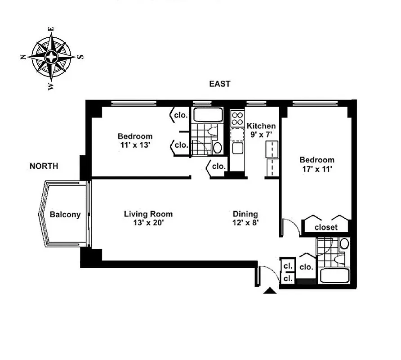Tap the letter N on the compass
click(22, 57)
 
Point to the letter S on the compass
click(81, 57)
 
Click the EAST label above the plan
click(219, 84)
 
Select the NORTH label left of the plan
click(44, 166)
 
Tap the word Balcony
click(65, 215)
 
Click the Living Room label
click(148, 214)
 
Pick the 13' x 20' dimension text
click(148, 222)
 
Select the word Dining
click(245, 214)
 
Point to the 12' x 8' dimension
click(245, 222)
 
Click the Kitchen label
click(261, 126)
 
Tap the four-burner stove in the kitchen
click(236, 119)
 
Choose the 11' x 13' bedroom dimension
click(135, 145)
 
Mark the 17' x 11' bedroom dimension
click(317, 168)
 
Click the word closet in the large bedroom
click(326, 227)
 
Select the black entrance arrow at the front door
click(270, 291)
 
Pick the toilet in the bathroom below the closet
click(344, 244)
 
